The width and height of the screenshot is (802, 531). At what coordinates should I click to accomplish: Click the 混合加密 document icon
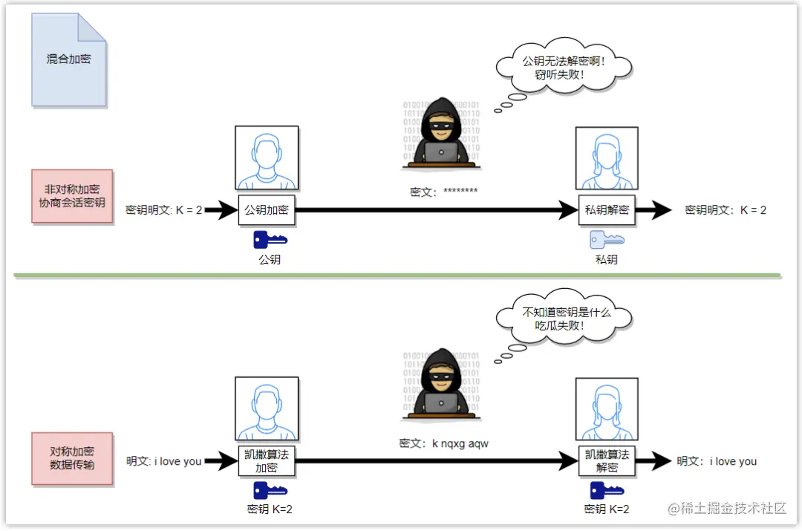tap(69, 59)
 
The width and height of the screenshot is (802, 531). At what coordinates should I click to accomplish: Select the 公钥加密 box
tap(266, 210)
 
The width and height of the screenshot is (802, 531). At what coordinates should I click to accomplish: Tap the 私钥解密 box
tap(607, 210)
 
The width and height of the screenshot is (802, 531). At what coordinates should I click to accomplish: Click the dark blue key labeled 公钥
tap(270, 239)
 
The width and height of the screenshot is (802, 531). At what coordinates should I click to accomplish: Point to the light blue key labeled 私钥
tap(607, 239)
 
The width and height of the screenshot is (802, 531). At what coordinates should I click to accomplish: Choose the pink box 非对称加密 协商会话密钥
tap(72, 195)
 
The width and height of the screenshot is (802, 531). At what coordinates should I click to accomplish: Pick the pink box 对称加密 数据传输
tap(72, 458)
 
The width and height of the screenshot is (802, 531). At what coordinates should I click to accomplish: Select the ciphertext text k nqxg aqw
tap(460, 443)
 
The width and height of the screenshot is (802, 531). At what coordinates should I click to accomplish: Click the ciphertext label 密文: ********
tap(444, 192)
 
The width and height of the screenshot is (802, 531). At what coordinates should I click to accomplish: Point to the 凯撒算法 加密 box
tap(266, 461)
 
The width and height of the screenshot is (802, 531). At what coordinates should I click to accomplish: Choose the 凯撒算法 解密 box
tap(607, 461)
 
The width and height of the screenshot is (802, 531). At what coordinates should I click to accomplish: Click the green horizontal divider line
tap(397, 276)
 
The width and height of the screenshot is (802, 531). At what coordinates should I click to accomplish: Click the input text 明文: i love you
tap(164, 461)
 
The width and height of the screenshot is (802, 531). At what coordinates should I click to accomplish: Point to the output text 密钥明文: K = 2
tap(726, 210)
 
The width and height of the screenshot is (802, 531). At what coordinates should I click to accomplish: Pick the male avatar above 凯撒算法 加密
tap(267, 408)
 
